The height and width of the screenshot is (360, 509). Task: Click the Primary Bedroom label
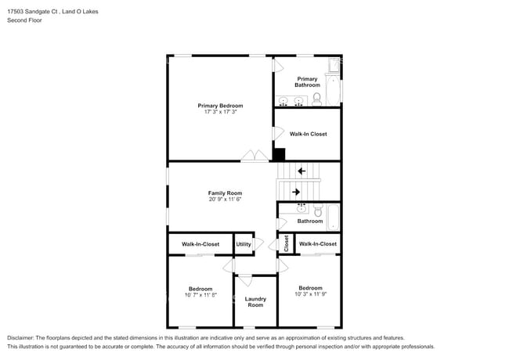(220, 106)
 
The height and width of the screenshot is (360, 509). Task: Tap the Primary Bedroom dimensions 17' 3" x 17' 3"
(220, 113)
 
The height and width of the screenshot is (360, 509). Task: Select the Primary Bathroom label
(307, 81)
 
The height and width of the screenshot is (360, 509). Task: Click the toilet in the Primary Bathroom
(317, 99)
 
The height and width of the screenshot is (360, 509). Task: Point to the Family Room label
(225, 193)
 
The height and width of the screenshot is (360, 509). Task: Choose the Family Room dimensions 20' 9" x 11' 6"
(225, 200)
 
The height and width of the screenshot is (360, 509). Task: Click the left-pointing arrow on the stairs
(301, 171)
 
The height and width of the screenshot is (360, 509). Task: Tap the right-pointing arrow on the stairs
(296, 191)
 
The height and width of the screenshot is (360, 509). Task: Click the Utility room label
(244, 244)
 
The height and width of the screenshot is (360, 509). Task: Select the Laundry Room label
(255, 302)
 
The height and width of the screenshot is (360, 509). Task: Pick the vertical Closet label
(287, 243)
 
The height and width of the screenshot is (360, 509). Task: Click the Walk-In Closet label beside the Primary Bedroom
(308, 134)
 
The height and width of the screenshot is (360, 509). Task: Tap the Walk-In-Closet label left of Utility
(200, 244)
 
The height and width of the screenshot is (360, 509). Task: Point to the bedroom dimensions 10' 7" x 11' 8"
(200, 295)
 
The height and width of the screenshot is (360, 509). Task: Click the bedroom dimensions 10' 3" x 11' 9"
(310, 294)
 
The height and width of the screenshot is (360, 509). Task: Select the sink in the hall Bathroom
(301, 209)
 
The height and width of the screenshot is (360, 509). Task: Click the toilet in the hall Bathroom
(318, 211)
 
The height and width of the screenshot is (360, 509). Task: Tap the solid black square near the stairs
(279, 154)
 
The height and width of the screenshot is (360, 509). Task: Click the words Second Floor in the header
(25, 20)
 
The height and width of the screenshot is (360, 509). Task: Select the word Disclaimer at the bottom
(23, 337)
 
